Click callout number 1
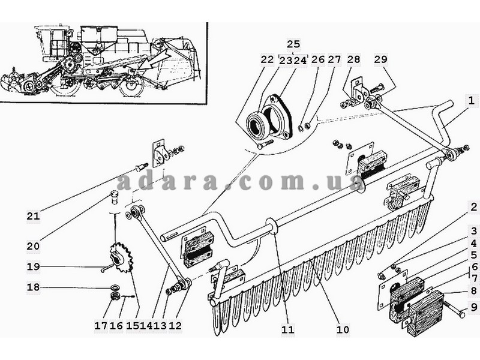pos(472,100)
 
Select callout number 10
pos(343,329)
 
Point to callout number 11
pos(287,329)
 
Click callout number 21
pos(33,216)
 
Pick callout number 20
pos(33,246)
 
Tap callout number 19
pos(33,266)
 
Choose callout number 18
pos(33,287)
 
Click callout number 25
pos(293,44)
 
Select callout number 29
pos(380,59)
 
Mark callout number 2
pos(473,207)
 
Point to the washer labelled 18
pos(116,287)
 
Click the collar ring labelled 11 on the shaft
pos(271,226)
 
